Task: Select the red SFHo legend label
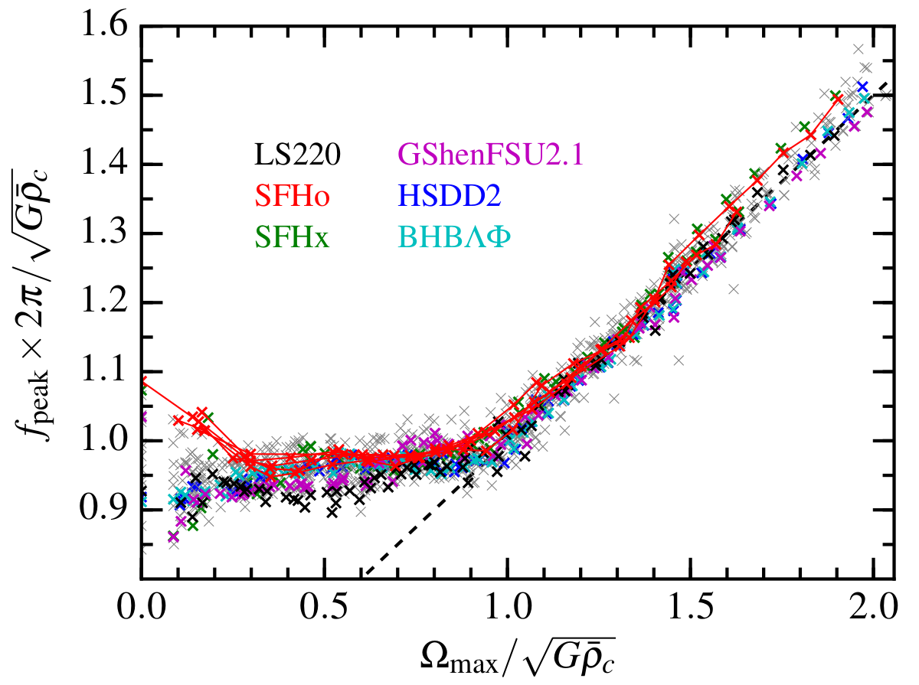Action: pyautogui.click(x=293, y=197)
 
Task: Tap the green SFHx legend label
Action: pyautogui.click(x=292, y=239)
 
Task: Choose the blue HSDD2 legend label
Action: pyautogui.click(x=445, y=197)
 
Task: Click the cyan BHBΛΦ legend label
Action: pyautogui.click(x=450, y=239)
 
